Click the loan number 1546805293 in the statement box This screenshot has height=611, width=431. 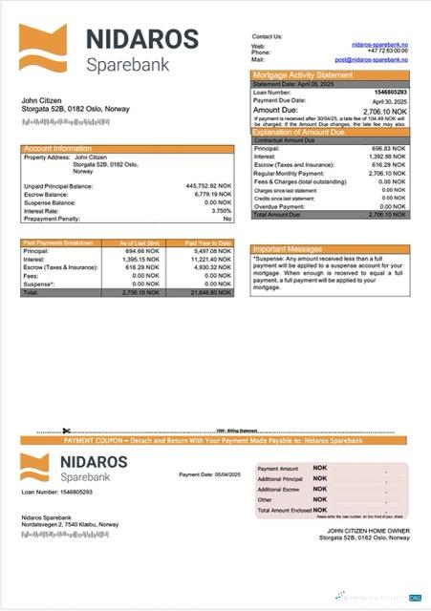393,92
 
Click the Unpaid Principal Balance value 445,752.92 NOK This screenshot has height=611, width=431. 208,186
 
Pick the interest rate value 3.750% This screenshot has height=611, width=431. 218,210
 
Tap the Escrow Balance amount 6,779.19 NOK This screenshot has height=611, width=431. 212,194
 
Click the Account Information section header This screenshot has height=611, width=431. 57,149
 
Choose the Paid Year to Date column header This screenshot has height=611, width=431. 208,243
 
